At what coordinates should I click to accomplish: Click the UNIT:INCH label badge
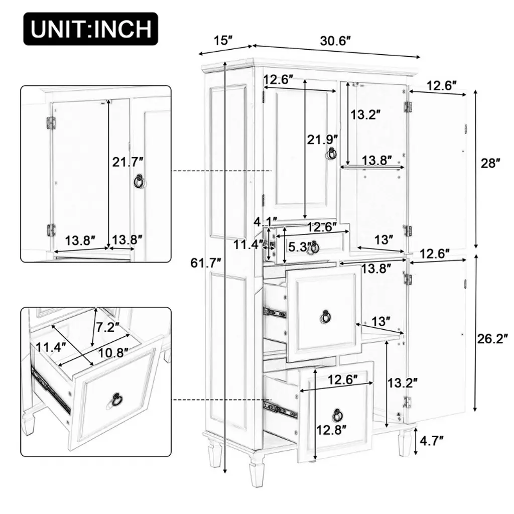coord(91,29)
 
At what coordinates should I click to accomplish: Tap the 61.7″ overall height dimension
coord(206,263)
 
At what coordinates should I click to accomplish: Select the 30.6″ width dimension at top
coord(335,41)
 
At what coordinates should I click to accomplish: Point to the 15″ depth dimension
coord(223,41)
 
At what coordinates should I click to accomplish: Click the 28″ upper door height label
coord(490,163)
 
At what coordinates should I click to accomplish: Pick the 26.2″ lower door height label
coord(492,339)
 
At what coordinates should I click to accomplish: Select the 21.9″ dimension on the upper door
coord(322,140)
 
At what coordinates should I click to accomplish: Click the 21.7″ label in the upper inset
coord(128,162)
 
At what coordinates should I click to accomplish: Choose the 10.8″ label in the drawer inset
coord(113,353)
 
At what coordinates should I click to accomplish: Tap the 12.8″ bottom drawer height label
coord(331,430)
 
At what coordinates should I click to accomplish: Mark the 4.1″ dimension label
coord(266,222)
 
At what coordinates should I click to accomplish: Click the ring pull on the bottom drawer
coord(337,415)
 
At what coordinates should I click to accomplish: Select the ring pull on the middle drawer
coord(325,316)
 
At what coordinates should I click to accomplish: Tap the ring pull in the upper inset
coord(140,181)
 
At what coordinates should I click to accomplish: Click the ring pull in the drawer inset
coord(116,399)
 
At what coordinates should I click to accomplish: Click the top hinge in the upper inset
coord(51,122)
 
